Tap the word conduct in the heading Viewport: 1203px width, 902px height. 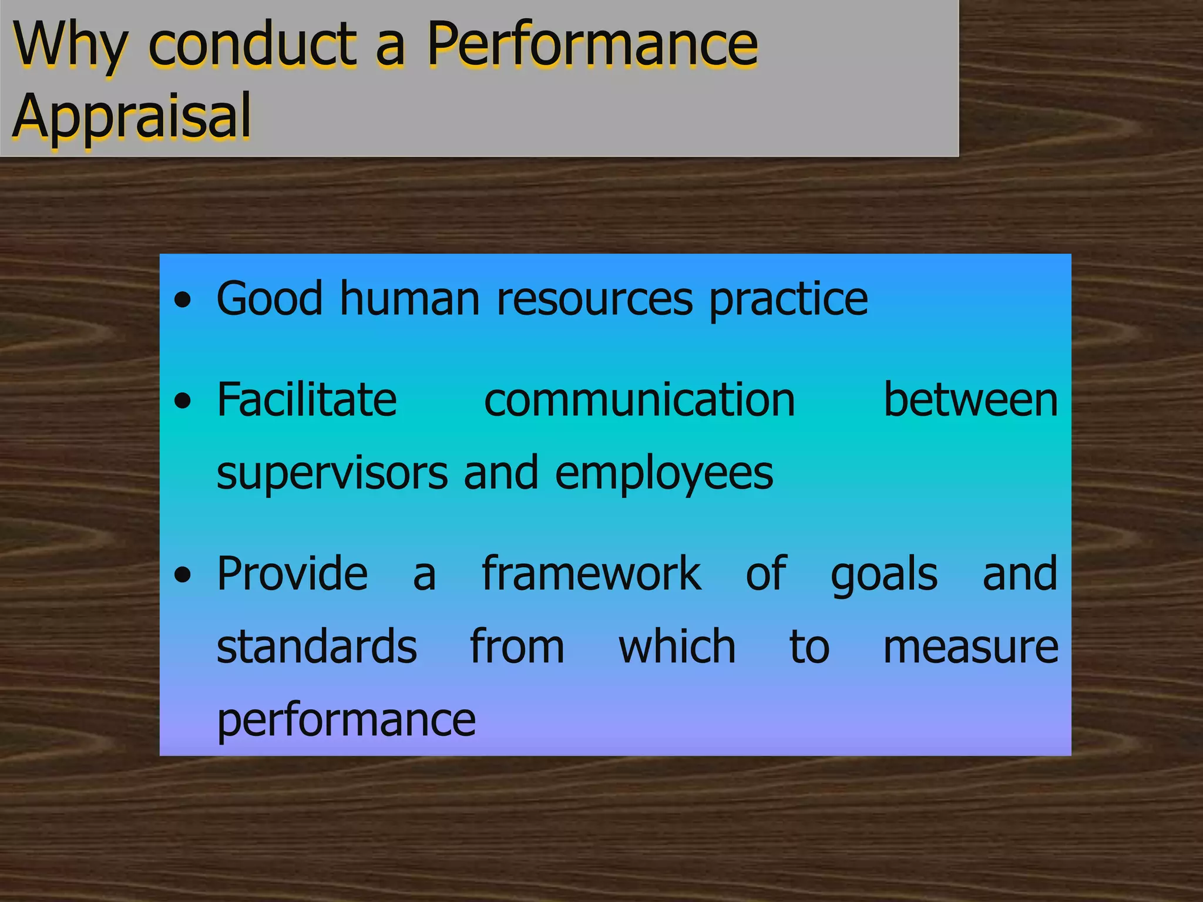tap(253, 45)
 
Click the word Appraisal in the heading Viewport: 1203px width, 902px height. tap(132, 116)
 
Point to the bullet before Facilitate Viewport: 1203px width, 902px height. tap(183, 402)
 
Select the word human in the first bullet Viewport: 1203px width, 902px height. tap(410, 299)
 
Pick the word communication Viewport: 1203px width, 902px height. tap(639, 400)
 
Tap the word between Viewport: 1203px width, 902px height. tap(970, 400)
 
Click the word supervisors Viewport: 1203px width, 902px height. tap(332, 473)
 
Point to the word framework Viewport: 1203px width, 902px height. tap(591, 574)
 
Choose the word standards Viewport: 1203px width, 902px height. tap(317, 647)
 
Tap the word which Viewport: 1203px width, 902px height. tap(677, 647)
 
